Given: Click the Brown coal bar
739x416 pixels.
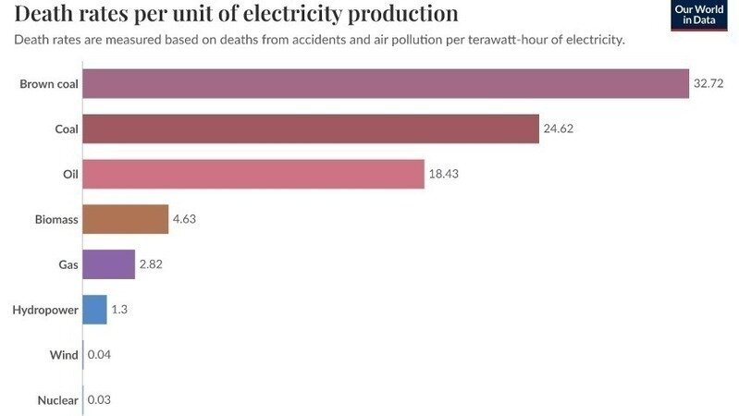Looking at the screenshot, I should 386,84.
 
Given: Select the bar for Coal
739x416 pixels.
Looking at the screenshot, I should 310,128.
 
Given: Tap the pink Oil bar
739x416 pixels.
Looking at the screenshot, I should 252,174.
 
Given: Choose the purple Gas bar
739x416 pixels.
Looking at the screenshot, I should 108,264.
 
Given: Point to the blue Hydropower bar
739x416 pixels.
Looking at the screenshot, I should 94,310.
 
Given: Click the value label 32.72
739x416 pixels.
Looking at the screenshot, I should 708,84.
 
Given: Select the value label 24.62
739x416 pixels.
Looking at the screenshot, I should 559,128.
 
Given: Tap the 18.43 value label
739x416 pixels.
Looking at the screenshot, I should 444,174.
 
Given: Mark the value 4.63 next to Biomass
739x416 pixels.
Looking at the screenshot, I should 183,219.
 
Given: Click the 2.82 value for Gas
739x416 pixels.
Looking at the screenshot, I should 150,264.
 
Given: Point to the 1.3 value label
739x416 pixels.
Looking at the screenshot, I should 119,310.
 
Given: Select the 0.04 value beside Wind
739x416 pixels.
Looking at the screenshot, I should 99,355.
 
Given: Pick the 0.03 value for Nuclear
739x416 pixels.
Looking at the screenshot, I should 99,400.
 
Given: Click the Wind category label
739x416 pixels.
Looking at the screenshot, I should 63,355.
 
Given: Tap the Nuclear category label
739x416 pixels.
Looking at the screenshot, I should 57,400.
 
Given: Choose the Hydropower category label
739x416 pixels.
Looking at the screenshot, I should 45,310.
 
